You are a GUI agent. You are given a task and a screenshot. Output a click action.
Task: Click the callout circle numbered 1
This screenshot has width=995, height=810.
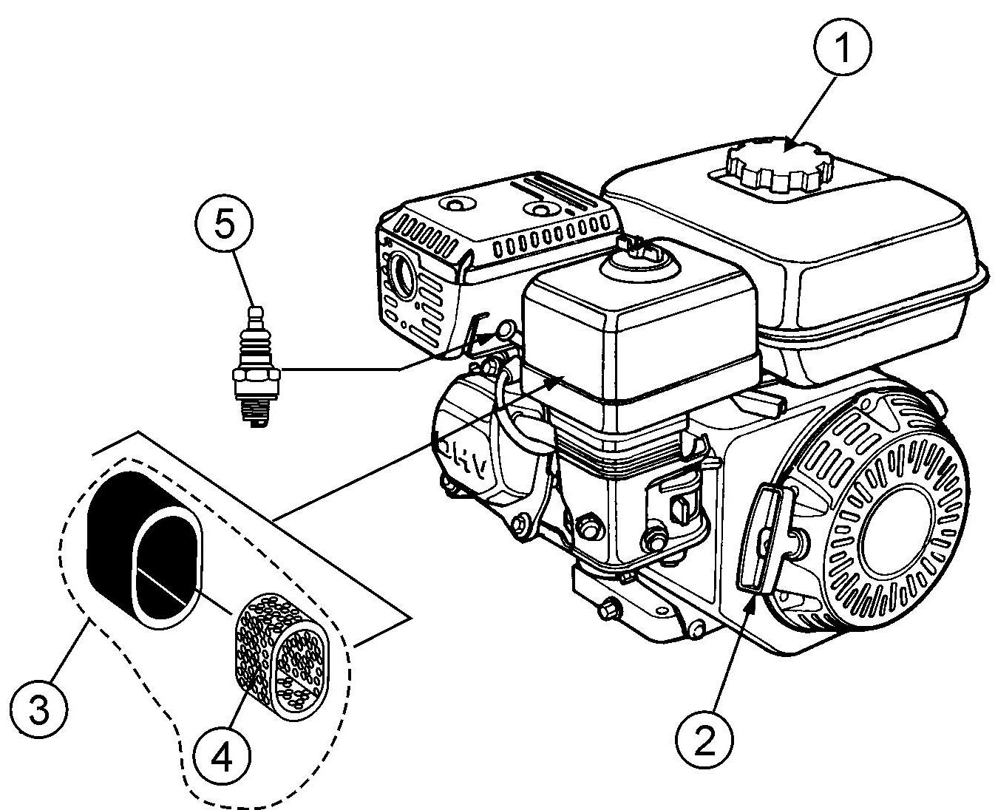843,47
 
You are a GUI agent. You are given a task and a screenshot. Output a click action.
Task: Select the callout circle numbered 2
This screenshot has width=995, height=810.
704,738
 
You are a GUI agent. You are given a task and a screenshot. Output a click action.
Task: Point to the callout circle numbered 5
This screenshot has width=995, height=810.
224,222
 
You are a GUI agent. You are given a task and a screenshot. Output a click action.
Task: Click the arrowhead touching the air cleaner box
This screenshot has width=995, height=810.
559,381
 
